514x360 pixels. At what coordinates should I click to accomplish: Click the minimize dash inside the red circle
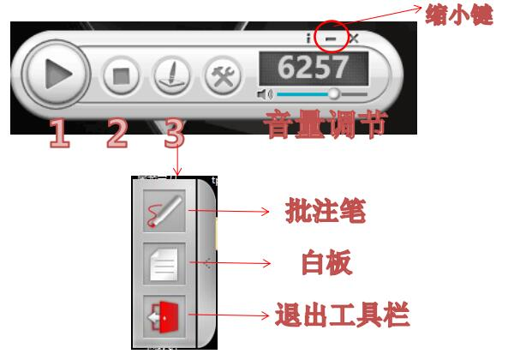332,39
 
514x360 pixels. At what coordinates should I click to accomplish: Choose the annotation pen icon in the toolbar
164,212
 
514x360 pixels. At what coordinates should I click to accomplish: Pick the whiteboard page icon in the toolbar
164,263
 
